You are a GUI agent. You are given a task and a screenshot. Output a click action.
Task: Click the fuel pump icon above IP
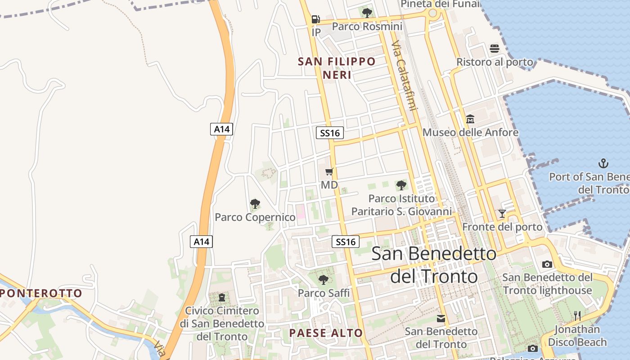pos(315,19)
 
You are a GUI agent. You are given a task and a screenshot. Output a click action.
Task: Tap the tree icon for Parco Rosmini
pos(367,13)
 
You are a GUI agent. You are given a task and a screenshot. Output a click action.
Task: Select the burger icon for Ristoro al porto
pos(495,49)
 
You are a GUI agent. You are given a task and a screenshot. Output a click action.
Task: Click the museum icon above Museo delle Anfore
pos(470,119)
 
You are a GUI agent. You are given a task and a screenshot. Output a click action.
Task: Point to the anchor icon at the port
pos(603,163)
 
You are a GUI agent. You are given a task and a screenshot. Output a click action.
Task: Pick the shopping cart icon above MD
pos(329,171)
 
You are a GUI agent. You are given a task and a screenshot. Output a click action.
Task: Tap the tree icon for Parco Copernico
pos(255,204)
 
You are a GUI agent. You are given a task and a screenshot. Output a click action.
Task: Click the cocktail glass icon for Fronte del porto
pos(502,213)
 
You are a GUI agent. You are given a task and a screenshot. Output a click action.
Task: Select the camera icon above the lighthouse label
pos(547,264)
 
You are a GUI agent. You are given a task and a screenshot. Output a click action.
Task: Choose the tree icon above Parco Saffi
pos(324,280)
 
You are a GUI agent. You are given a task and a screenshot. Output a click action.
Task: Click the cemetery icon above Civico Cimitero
pos(221,297)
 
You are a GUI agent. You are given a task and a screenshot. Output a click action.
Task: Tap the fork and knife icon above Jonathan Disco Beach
pos(577,316)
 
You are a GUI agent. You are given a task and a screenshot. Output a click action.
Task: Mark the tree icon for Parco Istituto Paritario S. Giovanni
pos(401,185)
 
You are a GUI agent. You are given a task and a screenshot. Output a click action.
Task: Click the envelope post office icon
pos(441,319)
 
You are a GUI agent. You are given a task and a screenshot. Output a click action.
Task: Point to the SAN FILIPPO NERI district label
pos(337,68)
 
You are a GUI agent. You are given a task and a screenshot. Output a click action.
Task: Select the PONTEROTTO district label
pos(41,293)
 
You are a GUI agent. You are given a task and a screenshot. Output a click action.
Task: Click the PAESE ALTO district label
pos(326,333)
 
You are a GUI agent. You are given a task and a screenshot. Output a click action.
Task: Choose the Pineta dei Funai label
pos(440,4)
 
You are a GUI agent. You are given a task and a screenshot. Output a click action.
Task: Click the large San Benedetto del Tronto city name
pos(434,265)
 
